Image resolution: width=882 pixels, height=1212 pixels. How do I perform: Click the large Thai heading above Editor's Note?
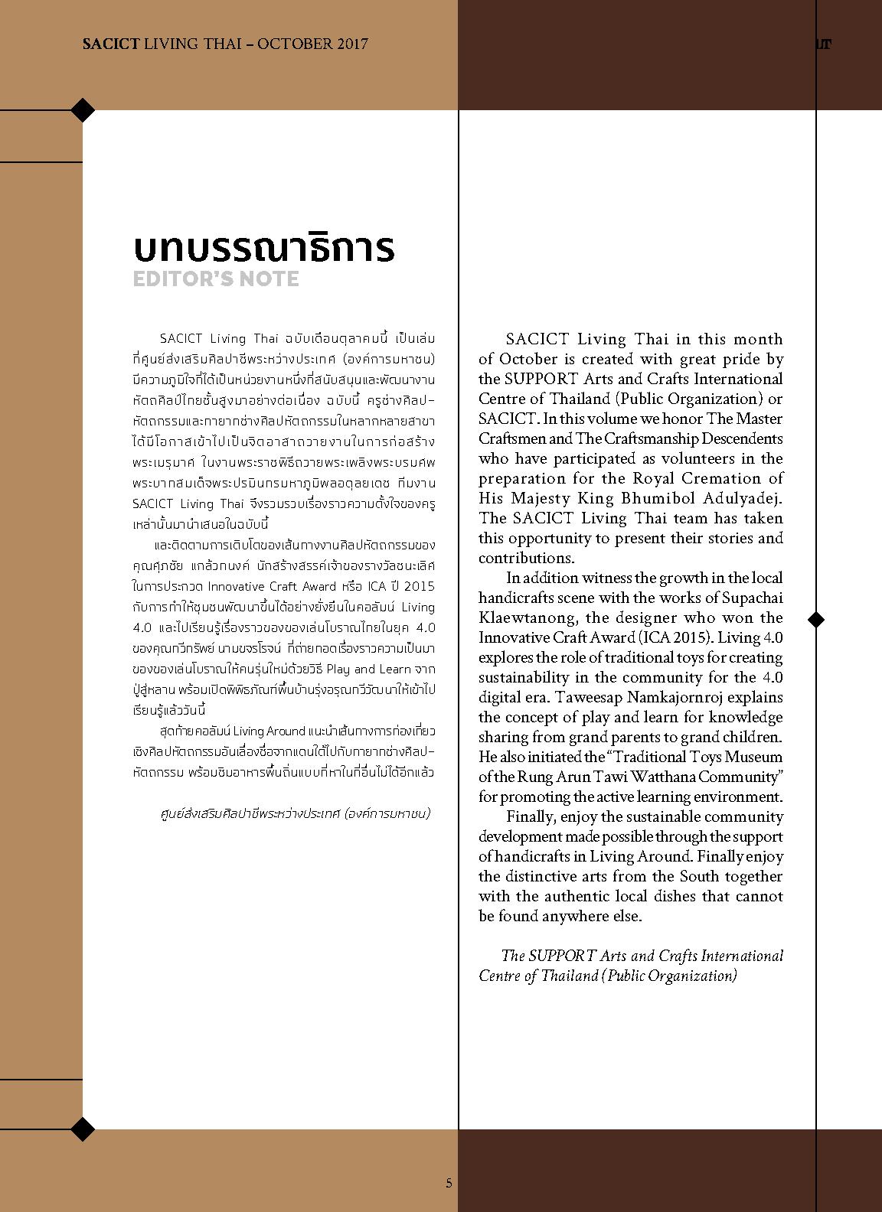[264, 248]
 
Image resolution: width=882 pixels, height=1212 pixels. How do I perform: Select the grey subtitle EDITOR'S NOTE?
[216, 279]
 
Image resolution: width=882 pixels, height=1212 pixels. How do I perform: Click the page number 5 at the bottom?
[449, 1183]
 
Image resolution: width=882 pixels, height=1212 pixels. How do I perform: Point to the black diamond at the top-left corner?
[83, 110]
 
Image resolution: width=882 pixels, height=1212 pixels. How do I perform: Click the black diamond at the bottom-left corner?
[83, 1128]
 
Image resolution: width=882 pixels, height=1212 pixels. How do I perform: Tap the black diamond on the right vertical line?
[816, 618]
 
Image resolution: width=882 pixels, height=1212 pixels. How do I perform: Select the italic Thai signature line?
[292, 813]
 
